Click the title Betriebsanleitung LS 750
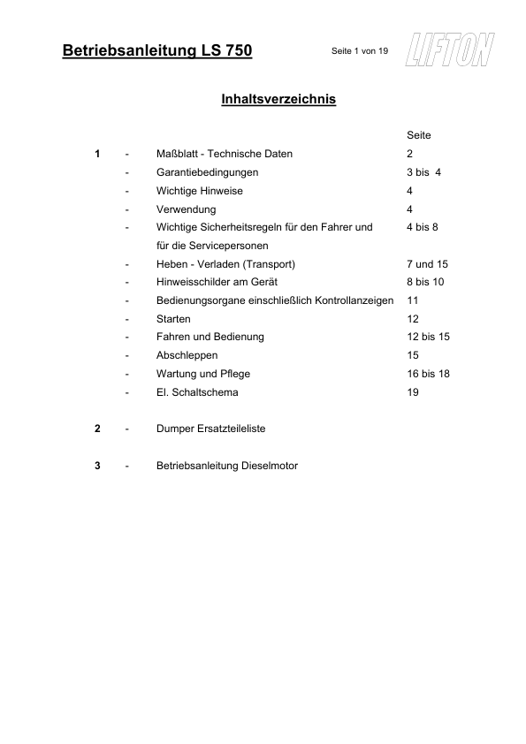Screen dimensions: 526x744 [x=158, y=51]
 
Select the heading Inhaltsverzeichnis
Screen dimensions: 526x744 [x=278, y=100]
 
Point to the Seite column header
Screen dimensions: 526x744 [x=419, y=135]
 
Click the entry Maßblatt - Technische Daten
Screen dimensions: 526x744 [x=224, y=154]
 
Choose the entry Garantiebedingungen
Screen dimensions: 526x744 [x=207, y=172]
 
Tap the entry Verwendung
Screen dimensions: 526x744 [x=186, y=209]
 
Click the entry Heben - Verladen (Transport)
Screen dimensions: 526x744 [x=225, y=264]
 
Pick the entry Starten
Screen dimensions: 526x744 [x=173, y=319]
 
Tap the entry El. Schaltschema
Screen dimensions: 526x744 [x=197, y=392]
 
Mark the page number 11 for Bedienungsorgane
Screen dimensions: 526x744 [x=412, y=300]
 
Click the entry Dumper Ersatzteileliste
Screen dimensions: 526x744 [x=211, y=429]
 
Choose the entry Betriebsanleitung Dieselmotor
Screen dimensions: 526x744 [x=227, y=466]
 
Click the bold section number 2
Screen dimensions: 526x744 [x=97, y=429]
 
